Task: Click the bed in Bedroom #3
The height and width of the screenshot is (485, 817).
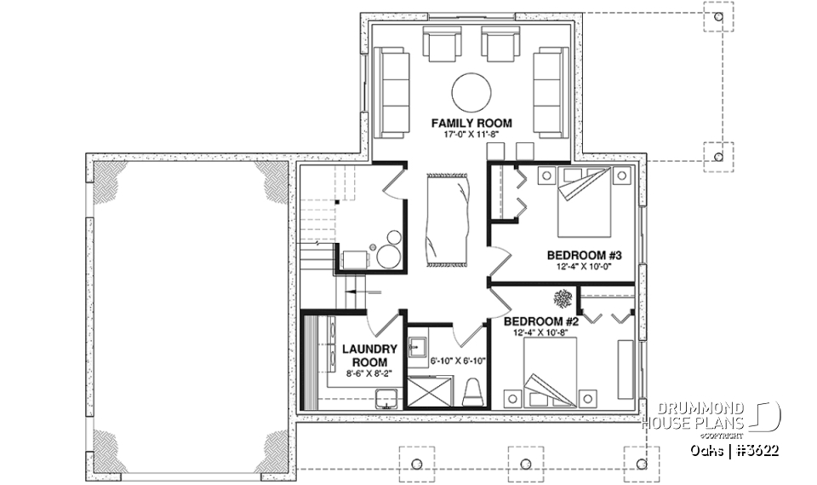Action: (584, 203)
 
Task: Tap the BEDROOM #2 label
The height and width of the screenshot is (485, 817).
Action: (541, 321)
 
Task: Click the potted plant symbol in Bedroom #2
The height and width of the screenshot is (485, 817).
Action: (563, 298)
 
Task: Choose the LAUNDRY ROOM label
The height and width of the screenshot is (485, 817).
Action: (370, 355)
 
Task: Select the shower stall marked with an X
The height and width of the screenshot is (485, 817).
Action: (433, 393)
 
